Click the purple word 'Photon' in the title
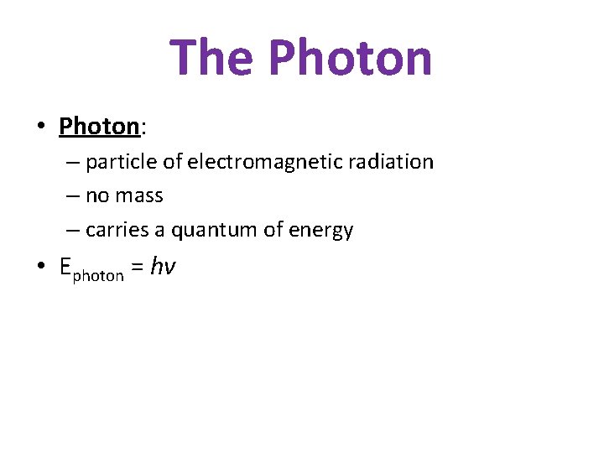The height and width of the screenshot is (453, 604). point(351,57)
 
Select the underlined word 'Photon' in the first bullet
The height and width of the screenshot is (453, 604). point(98,127)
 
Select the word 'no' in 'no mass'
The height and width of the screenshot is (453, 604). point(96,196)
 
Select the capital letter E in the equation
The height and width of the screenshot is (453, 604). point(65,267)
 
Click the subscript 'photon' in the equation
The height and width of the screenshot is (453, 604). point(98,275)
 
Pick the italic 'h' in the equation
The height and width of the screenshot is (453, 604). point(157,266)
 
